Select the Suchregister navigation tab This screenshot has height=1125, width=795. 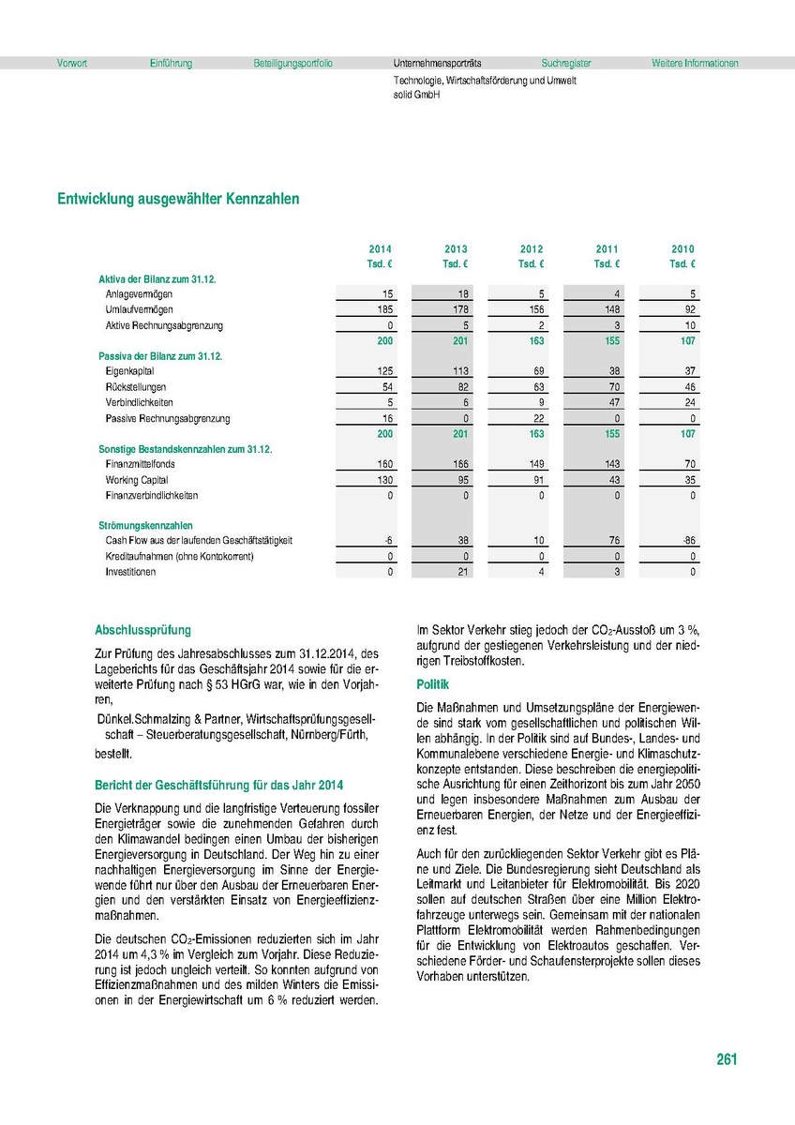pyautogui.click(x=565, y=64)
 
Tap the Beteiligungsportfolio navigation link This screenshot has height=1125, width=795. pyautogui.click(x=292, y=64)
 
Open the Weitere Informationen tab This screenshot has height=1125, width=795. pyautogui.click(x=695, y=64)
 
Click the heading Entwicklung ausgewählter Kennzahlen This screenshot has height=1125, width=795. pyautogui.click(x=178, y=200)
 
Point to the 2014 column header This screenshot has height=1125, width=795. pyautogui.click(x=381, y=249)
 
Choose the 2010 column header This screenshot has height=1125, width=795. pyautogui.click(x=682, y=249)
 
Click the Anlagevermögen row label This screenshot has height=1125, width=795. pyautogui.click(x=139, y=294)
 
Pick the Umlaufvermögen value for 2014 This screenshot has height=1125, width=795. pyautogui.click(x=382, y=309)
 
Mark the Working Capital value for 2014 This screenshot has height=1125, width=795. pyautogui.click(x=382, y=480)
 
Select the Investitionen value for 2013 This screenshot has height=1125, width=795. pyautogui.click(x=459, y=572)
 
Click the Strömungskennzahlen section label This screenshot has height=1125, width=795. pyautogui.click(x=145, y=526)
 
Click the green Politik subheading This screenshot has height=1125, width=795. pyautogui.click(x=432, y=685)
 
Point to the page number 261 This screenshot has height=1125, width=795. pyautogui.click(x=727, y=1060)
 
